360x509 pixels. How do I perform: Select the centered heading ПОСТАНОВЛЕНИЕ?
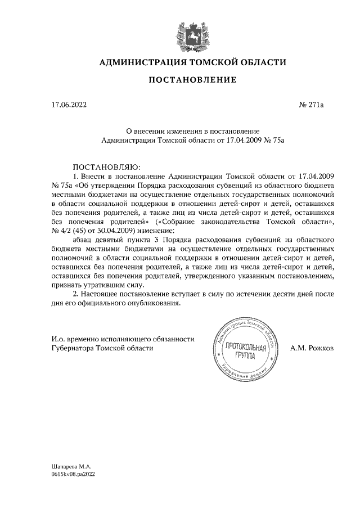[192, 82]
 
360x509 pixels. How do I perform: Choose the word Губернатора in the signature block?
[73, 348]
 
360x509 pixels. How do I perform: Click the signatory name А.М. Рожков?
[312, 348]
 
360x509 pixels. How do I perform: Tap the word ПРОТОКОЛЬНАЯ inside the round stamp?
[245, 348]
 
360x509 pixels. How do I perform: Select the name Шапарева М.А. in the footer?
[70, 467]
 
